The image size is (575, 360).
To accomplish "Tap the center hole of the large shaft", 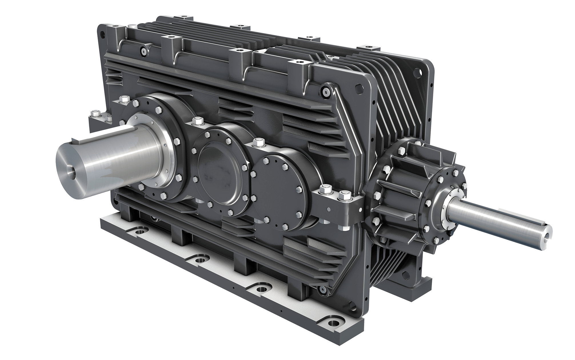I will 71,173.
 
